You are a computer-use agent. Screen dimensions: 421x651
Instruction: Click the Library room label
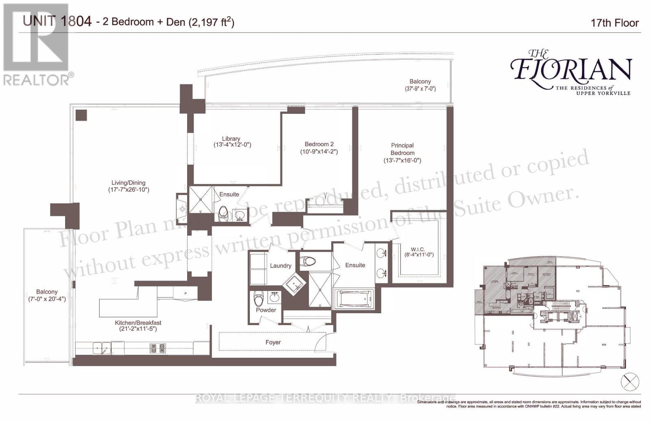tap(231, 139)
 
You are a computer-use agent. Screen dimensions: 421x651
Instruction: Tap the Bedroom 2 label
tap(319, 144)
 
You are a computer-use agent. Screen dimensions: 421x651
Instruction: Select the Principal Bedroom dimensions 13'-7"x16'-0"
tap(402, 161)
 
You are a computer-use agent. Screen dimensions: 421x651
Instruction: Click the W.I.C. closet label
tap(417, 249)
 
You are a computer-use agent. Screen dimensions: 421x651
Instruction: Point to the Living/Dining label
tap(129, 183)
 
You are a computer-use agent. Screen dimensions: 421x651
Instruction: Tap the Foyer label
tap(273, 342)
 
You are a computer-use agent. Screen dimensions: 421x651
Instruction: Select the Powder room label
tap(266, 310)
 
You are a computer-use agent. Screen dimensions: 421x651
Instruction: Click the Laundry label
tap(280, 266)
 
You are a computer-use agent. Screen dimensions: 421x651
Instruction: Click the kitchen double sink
tap(102, 348)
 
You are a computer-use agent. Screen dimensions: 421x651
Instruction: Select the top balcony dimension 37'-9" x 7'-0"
tap(420, 89)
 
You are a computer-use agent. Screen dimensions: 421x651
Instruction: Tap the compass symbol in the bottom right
tap(630, 382)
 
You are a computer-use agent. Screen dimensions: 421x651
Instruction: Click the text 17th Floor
tap(614, 23)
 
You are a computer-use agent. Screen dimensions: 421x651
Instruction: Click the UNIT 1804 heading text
tap(57, 21)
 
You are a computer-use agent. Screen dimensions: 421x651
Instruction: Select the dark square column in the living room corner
tap(81, 115)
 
